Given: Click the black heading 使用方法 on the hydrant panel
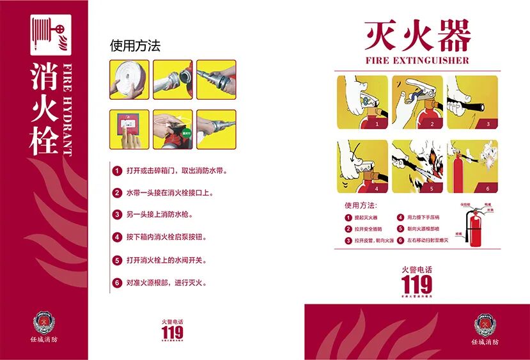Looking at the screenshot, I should tap(135, 46).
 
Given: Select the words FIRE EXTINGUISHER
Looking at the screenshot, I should tap(417, 61).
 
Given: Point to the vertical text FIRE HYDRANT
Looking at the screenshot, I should tap(68, 108).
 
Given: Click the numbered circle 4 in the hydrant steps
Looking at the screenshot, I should tap(117, 237).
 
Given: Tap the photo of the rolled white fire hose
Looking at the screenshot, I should tap(129, 80).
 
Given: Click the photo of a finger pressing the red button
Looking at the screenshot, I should tap(129, 130).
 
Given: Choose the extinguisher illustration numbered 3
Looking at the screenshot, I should tap(472, 102).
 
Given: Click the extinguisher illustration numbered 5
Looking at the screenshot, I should tap(417, 166).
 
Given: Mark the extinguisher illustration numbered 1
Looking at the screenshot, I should tap(362, 102).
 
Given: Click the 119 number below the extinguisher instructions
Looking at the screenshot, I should tap(417, 284).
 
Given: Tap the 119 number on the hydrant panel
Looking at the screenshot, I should tap(172, 332).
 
